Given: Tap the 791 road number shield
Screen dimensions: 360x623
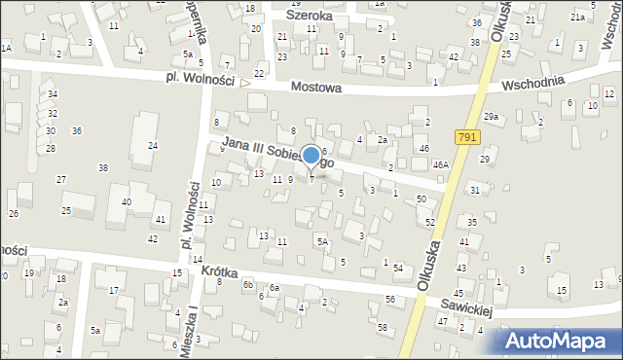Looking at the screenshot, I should [x=466, y=139].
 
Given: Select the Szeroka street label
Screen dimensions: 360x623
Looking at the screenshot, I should [x=310, y=16].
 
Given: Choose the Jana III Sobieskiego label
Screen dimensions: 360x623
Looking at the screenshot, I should [x=277, y=153].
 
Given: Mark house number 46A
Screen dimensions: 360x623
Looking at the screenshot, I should [x=441, y=165].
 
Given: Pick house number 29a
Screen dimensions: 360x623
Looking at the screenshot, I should [x=492, y=117].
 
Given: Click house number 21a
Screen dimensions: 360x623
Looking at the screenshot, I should [x=577, y=18].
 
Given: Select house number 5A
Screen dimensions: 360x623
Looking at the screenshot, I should [x=320, y=240].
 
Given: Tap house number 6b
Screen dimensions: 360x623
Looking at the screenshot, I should [x=248, y=284].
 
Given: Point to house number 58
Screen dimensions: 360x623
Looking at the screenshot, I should [x=382, y=328].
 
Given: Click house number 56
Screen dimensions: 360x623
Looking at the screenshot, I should [x=389, y=299].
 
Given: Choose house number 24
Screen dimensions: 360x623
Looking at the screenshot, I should [x=153, y=145].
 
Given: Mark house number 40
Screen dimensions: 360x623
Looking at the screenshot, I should [x=127, y=201].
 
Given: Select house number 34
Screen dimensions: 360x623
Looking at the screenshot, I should [x=52, y=94].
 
